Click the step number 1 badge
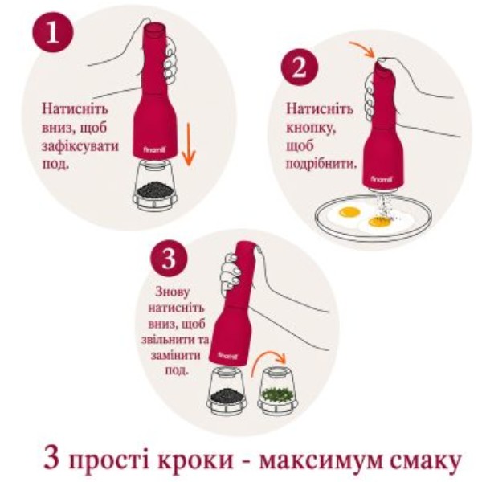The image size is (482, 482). tap(53, 32)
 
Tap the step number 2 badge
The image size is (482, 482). tap(299, 67)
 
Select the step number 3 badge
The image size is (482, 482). tap(169, 259)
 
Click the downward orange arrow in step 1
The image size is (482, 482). tap(189, 145)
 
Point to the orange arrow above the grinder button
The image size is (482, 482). tap(363, 49)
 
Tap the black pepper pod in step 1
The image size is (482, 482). tap(154, 186)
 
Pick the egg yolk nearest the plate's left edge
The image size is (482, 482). tap(349, 212)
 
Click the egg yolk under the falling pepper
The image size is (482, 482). tap(380, 222)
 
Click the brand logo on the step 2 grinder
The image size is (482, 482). tap(381, 178)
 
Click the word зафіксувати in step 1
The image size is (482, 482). tap(80, 145)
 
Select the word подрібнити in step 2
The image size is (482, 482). tap(322, 164)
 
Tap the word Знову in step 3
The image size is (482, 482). tap(173, 292)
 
